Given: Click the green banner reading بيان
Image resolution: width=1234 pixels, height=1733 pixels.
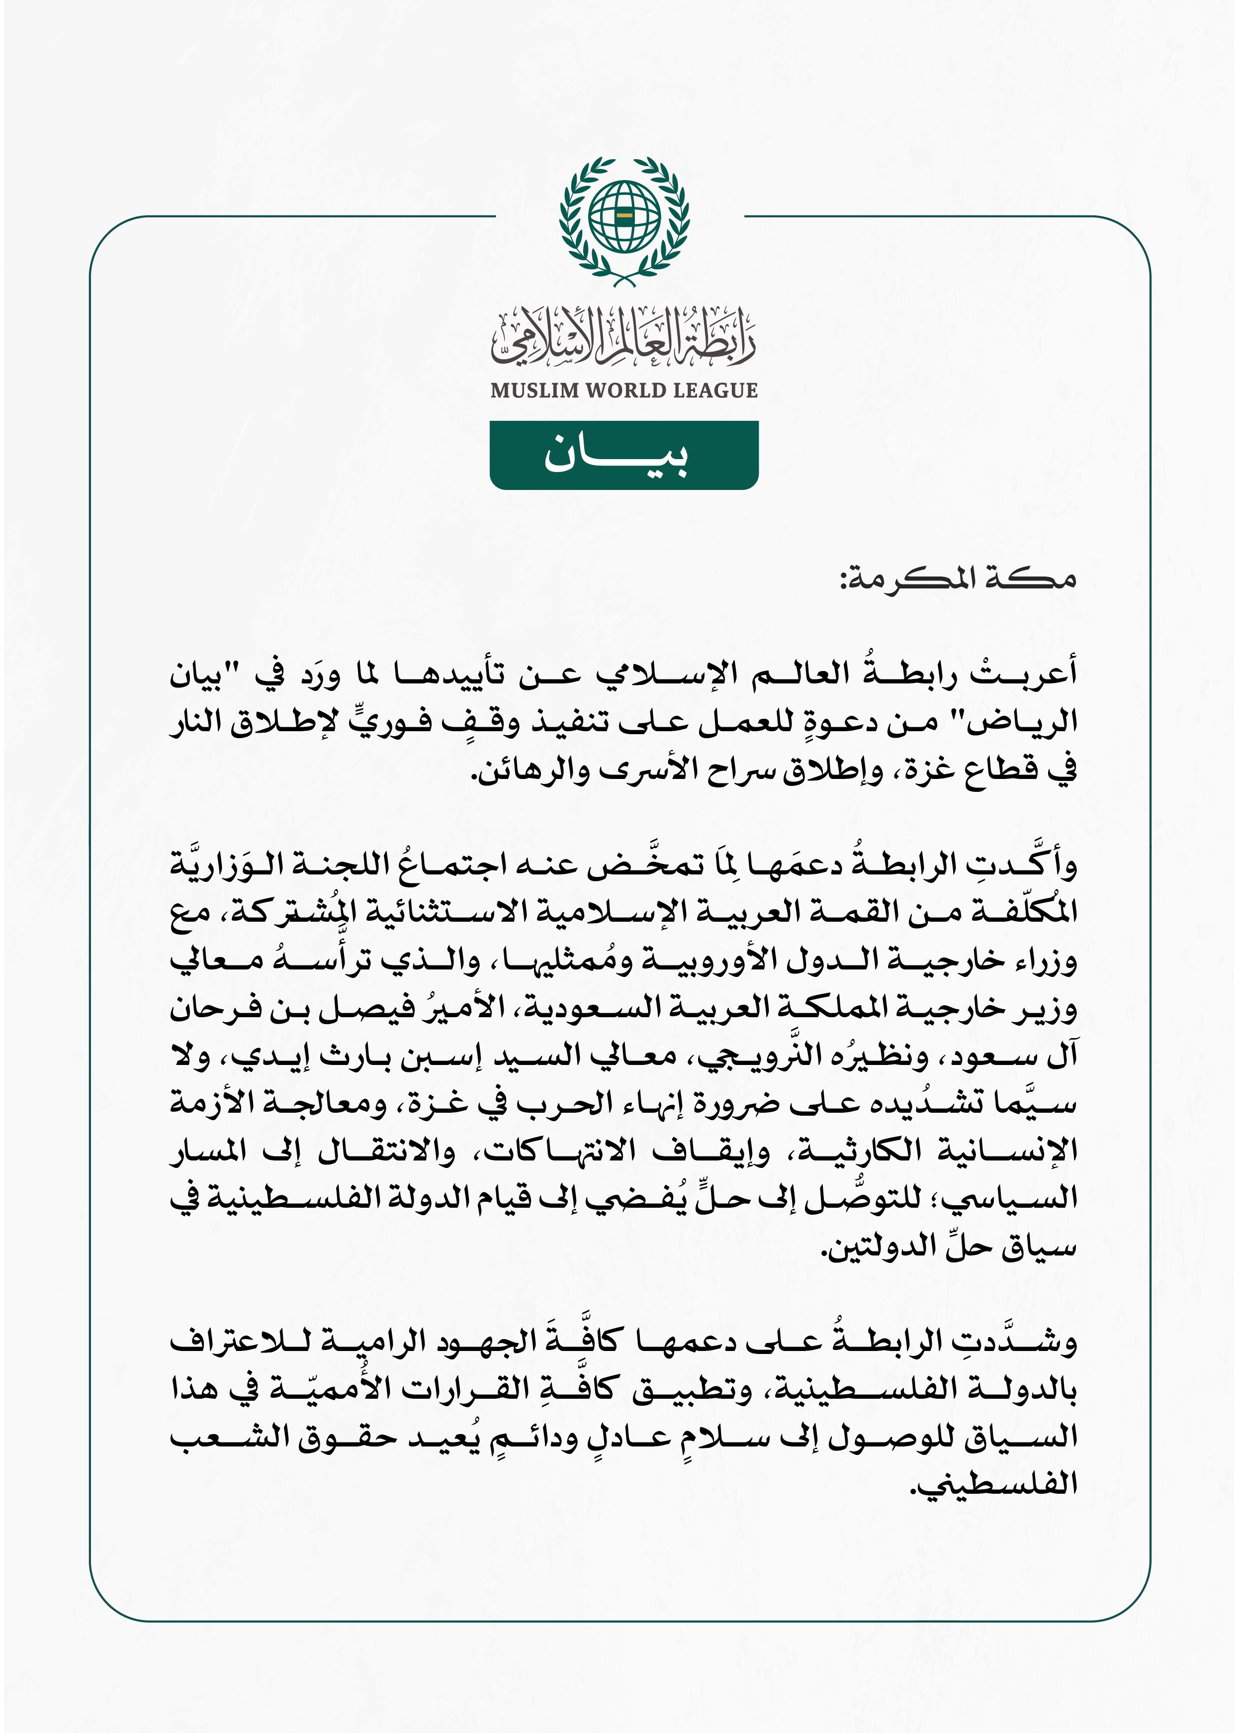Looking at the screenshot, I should [624, 455].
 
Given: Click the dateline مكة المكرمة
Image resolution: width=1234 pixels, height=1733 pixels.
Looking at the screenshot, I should [958, 579].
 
